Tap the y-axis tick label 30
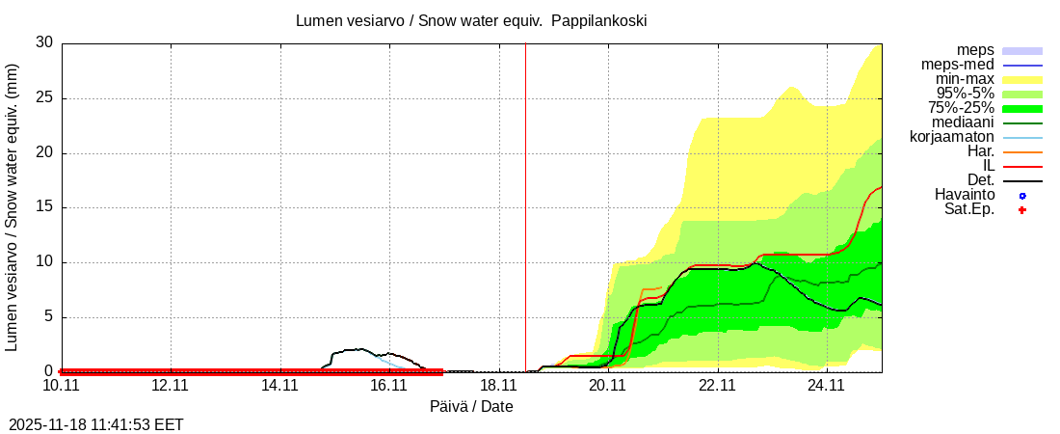44,42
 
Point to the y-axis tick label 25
44,97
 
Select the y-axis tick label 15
44,207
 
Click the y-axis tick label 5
49,316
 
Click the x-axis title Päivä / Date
471,407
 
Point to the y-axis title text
13,206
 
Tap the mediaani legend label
963,122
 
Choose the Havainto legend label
965,195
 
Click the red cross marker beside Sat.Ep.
1022,209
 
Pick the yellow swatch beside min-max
1022,79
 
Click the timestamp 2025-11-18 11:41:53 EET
96,424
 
